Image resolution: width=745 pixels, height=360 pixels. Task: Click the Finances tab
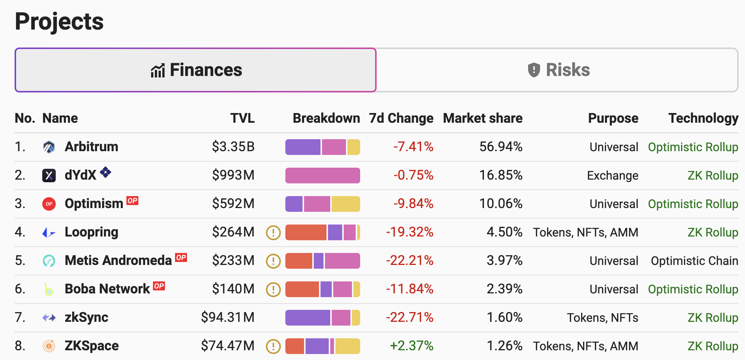(x=196, y=70)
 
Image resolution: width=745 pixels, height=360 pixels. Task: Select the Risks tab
(x=557, y=70)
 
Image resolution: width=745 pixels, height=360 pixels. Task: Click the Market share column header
(x=483, y=118)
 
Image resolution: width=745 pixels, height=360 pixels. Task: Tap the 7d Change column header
(x=401, y=118)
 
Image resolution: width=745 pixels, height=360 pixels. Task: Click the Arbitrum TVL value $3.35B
(x=233, y=147)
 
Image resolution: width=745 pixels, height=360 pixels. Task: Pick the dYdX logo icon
(x=49, y=175)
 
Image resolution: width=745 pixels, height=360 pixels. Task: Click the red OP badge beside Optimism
(x=132, y=201)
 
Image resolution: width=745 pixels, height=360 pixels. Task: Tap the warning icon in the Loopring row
(x=273, y=232)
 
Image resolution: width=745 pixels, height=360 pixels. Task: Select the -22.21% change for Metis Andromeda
(x=410, y=260)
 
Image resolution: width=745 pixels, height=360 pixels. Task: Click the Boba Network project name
(x=107, y=289)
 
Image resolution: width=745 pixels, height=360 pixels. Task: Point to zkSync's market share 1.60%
(x=505, y=317)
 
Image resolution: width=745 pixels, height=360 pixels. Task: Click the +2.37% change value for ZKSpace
(x=412, y=346)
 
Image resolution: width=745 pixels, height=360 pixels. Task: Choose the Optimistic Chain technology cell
(x=695, y=261)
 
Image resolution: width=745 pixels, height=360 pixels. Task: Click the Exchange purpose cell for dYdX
(x=613, y=176)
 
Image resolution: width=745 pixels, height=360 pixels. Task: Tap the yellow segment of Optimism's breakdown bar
(x=346, y=204)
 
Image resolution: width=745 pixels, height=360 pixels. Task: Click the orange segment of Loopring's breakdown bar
(x=306, y=232)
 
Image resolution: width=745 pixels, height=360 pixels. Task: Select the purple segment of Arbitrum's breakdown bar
(x=303, y=147)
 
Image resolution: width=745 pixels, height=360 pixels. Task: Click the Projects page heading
(x=59, y=22)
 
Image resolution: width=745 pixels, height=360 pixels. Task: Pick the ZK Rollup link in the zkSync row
(x=713, y=318)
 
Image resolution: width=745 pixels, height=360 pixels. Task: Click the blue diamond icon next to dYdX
(x=105, y=172)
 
